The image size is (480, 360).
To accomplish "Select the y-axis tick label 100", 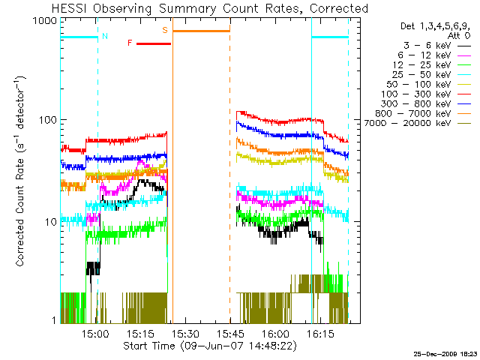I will point(49,121).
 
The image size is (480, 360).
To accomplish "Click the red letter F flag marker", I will point(130,43).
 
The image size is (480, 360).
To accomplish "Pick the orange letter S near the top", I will point(165,30).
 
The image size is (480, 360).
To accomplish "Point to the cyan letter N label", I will point(104,36).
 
